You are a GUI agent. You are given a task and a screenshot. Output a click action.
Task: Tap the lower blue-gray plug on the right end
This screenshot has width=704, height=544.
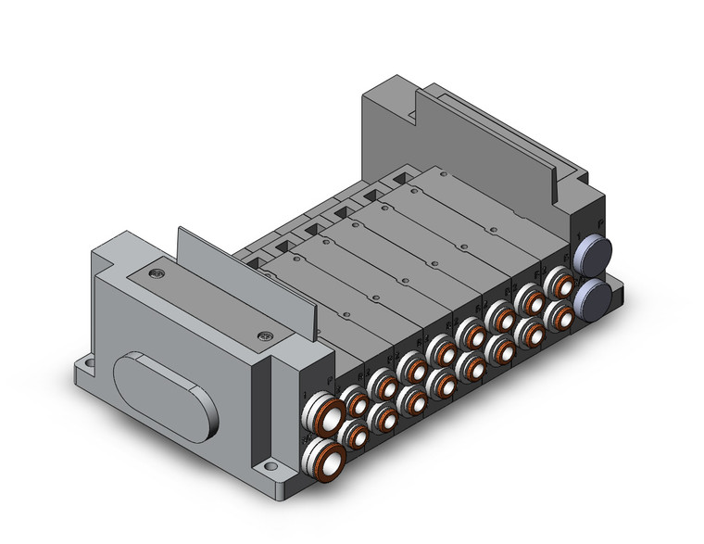[591, 297]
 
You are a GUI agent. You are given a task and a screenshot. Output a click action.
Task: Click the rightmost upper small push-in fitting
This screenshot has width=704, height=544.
[558, 281]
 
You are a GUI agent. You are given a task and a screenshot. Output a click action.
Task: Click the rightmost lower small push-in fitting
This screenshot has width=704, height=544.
[559, 315]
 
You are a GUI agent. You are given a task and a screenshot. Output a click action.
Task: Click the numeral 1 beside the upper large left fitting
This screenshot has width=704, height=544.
[305, 398]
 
